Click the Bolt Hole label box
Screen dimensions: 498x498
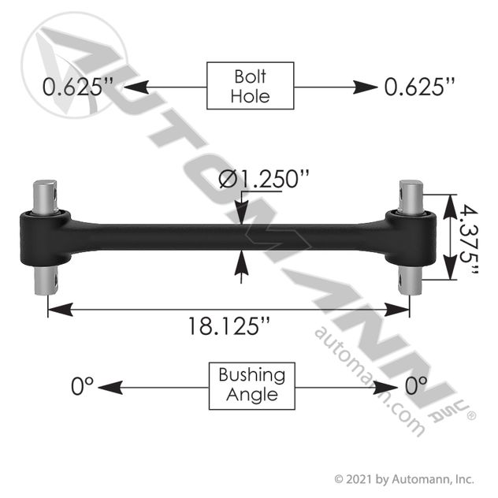pos(251,86)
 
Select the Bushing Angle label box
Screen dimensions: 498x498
pos(252,386)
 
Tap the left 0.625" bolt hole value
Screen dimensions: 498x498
pos(78,87)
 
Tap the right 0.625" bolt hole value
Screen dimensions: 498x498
pos(419,87)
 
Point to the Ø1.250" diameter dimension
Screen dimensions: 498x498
pos(264,179)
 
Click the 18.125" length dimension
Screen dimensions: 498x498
pos(229,326)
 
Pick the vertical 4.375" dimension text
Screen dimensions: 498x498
pos(469,239)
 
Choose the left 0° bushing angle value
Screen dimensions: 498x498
pos(82,386)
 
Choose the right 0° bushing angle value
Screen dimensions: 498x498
pos(416,386)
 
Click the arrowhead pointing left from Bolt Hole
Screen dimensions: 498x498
pos(136,87)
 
